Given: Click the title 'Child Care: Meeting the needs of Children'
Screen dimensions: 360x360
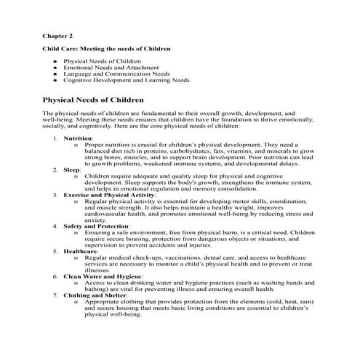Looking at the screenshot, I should pos(105,49).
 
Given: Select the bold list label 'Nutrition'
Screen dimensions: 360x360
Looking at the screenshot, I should pos(78,137).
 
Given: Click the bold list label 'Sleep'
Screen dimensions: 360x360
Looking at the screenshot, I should pos(71,169).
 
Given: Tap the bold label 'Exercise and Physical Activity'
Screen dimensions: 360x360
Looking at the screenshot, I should pos(109,194).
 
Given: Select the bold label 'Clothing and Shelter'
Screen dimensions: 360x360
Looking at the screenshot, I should pos(95,295).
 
